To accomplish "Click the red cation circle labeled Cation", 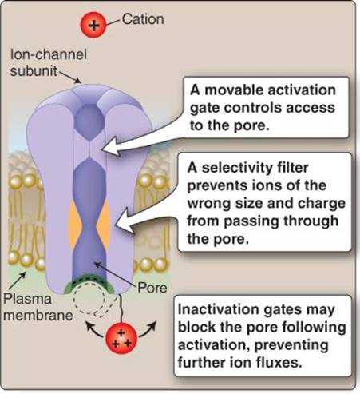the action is (93, 26).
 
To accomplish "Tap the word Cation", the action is (143, 19).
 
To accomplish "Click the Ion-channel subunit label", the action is (49, 63).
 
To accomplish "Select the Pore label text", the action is (152, 288).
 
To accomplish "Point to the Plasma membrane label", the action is (38, 307).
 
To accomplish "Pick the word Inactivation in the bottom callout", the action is (218, 309).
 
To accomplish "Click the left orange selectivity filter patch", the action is (75, 223).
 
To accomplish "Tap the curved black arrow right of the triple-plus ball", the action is (148, 329).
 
